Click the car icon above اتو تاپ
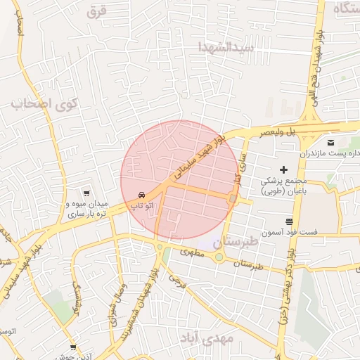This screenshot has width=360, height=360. pyautogui.click(x=143, y=194)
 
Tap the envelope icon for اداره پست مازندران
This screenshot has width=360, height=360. pyautogui.click(x=330, y=143)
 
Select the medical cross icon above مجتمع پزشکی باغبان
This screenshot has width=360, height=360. pyautogui.click(x=284, y=169)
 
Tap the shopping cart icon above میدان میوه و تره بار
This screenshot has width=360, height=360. pyautogui.click(x=86, y=193)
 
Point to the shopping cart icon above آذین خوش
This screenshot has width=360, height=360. pyautogui.click(x=74, y=347)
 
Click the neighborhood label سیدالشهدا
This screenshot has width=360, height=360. pyautogui.click(x=225, y=48)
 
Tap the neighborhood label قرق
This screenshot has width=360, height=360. pyautogui.click(x=96, y=12)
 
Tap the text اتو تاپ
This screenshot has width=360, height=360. pyautogui.click(x=143, y=206)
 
